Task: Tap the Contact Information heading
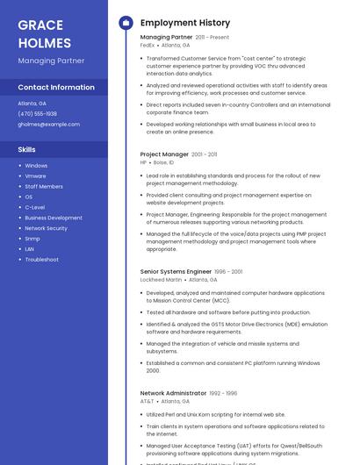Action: pos(56,88)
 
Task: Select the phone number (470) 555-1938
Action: pos(37,114)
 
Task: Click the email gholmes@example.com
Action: pos(48,125)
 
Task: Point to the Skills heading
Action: pos(26,149)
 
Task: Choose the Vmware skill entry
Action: pos(35,175)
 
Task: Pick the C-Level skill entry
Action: pos(34,207)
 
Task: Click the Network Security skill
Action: pos(46,228)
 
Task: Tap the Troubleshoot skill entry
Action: pos(41,260)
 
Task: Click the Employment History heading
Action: pos(184,23)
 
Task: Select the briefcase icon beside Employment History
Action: pos(126,23)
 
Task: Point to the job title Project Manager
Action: pos(164,154)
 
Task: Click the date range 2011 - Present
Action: pos(212,38)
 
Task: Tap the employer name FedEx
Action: pos(147,45)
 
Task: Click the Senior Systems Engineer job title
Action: pos(176,272)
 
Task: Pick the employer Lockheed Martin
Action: pos(161,280)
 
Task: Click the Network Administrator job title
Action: pos(172,393)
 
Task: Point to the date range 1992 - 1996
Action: pos(223,393)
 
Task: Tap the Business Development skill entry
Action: pos(53,218)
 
